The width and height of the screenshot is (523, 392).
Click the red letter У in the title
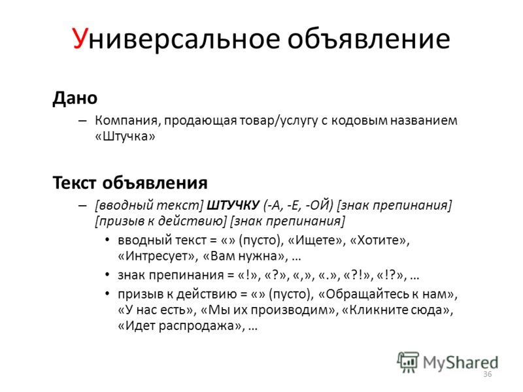point(80,39)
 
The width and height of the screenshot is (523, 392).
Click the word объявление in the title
point(369,39)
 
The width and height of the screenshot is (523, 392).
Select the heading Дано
point(75,99)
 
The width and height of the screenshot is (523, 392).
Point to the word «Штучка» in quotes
point(125,136)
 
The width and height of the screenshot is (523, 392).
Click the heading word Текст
point(75,183)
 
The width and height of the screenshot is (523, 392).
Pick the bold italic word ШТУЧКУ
point(233,205)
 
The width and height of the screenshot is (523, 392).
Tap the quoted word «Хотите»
point(380,240)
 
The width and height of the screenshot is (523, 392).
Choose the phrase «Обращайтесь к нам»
point(388,294)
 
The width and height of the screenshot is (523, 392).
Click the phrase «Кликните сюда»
point(397,310)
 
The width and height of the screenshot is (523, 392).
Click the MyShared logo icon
point(407,362)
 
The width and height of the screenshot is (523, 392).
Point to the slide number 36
point(487,374)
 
